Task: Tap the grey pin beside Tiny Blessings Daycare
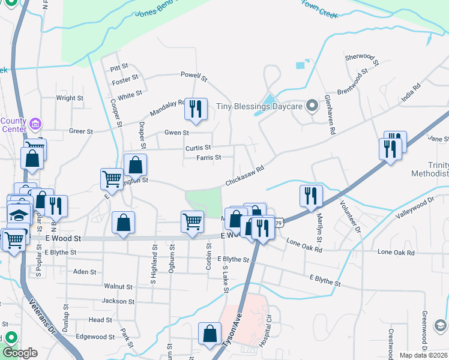312,106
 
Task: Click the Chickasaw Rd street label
245,176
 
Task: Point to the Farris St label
209,158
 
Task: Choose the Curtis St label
198,148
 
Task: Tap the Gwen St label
177,133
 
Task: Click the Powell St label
194,76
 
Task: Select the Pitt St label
120,67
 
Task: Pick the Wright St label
70,98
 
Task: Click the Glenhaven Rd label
328,113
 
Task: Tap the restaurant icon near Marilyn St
312,196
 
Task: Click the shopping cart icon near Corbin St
192,221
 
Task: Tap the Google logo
20,353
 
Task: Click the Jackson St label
118,301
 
